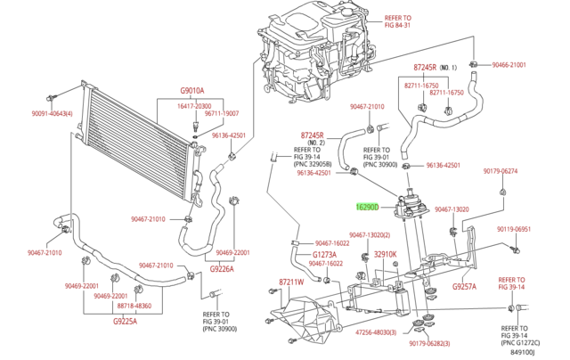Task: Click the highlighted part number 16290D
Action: [x=367, y=207]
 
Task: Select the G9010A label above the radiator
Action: [x=192, y=91]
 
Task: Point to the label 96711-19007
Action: [x=221, y=114]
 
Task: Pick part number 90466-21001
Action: [x=531, y=65]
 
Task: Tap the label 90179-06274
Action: [x=501, y=170]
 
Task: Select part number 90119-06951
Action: [x=514, y=229]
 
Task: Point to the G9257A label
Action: [x=464, y=287]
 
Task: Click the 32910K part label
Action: [x=384, y=254]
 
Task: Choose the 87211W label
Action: [x=290, y=282]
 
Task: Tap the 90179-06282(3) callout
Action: [x=429, y=344]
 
